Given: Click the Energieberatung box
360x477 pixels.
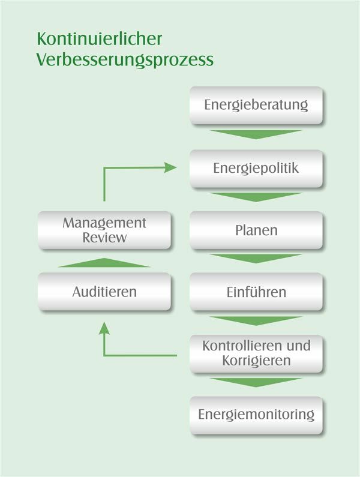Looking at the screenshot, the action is pos(256,105).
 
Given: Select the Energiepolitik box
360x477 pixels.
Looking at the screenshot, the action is pos(256,169).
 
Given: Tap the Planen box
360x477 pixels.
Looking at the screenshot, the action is pos(256,230).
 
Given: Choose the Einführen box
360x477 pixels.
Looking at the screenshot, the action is pos(256,292).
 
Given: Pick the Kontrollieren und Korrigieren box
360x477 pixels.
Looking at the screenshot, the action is pos(256,354).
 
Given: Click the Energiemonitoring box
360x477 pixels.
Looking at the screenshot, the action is pos(256,415).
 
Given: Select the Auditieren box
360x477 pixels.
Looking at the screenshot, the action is pos(104,292).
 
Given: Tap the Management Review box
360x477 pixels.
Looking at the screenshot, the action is pos(104,230).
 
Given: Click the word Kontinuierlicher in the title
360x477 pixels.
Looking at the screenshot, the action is pos(99,38).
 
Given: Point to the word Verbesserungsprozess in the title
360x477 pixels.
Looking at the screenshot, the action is pos(125,59).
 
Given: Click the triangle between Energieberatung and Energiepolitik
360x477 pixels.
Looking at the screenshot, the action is pos(256,134).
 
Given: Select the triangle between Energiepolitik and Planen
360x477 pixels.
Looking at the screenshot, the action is pos(256,197).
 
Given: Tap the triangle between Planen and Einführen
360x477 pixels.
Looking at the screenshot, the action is pos(256,259).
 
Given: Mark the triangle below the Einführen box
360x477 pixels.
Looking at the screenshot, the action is pos(256,320).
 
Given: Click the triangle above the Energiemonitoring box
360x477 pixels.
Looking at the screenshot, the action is pos(256,382).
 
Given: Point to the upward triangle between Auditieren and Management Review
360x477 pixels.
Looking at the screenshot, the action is pos(104,263).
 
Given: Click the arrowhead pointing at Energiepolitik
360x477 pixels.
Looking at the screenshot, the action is pos(170,167).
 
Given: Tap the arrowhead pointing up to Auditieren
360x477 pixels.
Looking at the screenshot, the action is pos(104,329).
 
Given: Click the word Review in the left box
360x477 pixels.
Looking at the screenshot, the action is pos(104,238).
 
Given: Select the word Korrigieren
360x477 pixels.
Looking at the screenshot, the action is pos(256,361).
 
